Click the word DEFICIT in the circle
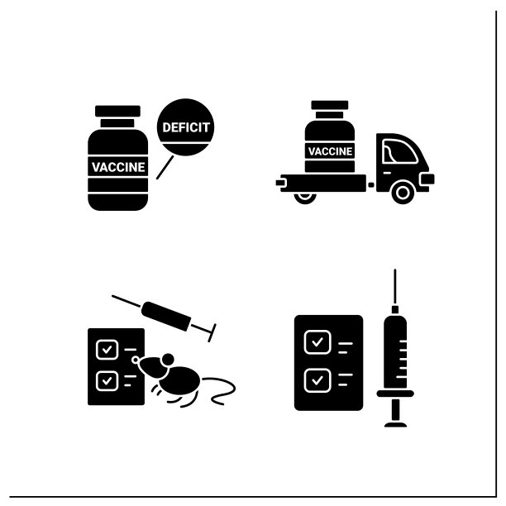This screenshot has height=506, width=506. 186,127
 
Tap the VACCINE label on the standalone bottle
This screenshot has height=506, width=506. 118,167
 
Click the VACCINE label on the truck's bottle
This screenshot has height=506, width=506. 330,151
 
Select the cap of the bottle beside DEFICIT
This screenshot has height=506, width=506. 117,111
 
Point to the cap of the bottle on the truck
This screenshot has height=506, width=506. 330,105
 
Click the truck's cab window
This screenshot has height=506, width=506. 399,151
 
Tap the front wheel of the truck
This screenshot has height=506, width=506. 403,193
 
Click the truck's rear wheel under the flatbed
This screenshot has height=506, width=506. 304,198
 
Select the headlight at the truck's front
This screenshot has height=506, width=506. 427,179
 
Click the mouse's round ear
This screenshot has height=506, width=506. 168,360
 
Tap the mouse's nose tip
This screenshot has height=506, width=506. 135,360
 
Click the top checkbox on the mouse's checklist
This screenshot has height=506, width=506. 107,350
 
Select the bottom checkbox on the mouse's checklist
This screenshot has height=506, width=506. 107,381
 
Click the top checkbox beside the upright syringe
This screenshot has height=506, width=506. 317,342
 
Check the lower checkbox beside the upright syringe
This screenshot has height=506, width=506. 317,380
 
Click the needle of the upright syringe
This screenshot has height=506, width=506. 395,287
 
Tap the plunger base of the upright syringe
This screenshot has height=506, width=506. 396,424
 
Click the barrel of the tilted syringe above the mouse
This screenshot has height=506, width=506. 166,316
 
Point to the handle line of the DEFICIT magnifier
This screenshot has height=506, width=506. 165,167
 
